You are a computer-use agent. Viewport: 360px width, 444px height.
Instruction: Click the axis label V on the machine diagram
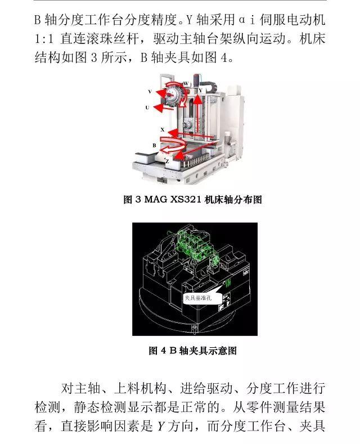(x=150, y=91)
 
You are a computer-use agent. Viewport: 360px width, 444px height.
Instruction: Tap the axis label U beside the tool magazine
(x=147, y=107)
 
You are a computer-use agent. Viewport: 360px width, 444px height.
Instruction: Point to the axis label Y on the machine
(x=200, y=90)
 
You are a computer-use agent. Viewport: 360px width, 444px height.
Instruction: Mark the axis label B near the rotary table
(x=154, y=145)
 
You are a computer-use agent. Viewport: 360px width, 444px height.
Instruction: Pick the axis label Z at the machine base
(x=167, y=160)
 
